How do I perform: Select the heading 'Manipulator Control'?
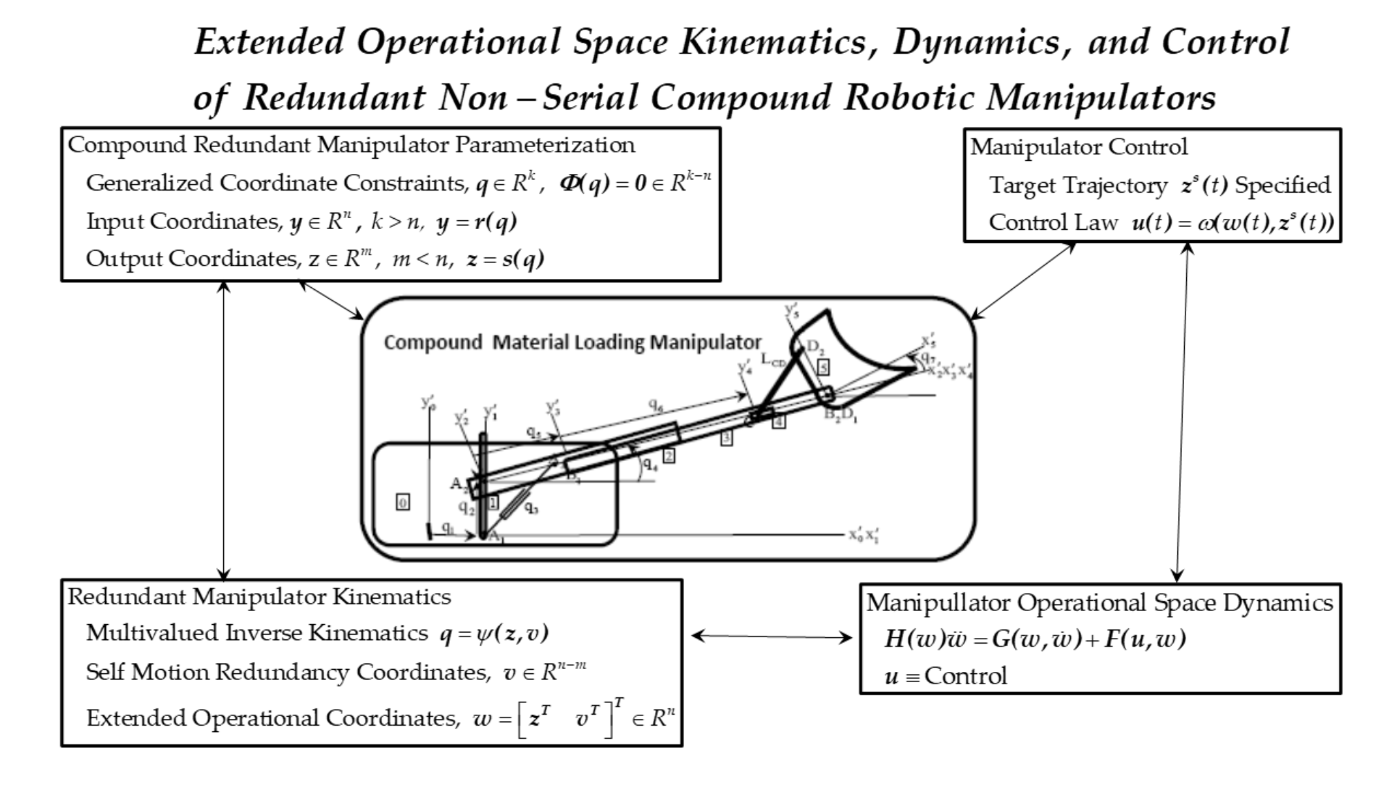tap(1079, 147)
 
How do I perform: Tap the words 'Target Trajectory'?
tap(1078, 186)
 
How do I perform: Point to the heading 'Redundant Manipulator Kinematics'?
tap(259, 597)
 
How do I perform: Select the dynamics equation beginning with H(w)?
tap(1035, 639)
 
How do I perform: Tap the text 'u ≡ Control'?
tap(946, 676)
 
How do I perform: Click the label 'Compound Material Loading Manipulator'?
tap(572, 342)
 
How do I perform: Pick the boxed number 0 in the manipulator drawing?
tap(403, 502)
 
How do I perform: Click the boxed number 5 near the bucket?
tap(823, 367)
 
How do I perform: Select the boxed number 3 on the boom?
tap(726, 438)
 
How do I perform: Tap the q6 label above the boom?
tap(656, 406)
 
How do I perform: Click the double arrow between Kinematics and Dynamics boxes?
tap(771, 637)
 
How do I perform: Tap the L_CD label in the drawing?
tap(772, 360)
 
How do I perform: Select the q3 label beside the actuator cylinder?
tap(531, 508)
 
